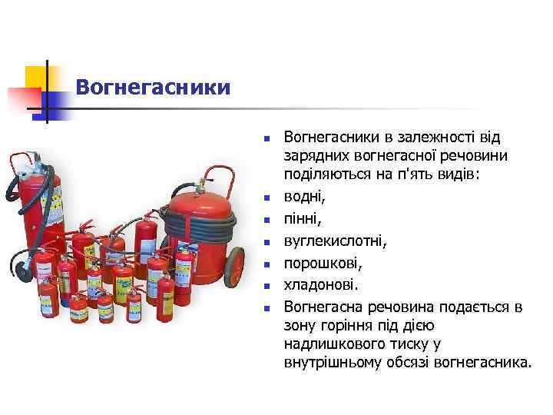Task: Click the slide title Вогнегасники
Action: (153, 86)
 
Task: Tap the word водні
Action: (305, 197)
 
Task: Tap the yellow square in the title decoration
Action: (36, 78)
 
